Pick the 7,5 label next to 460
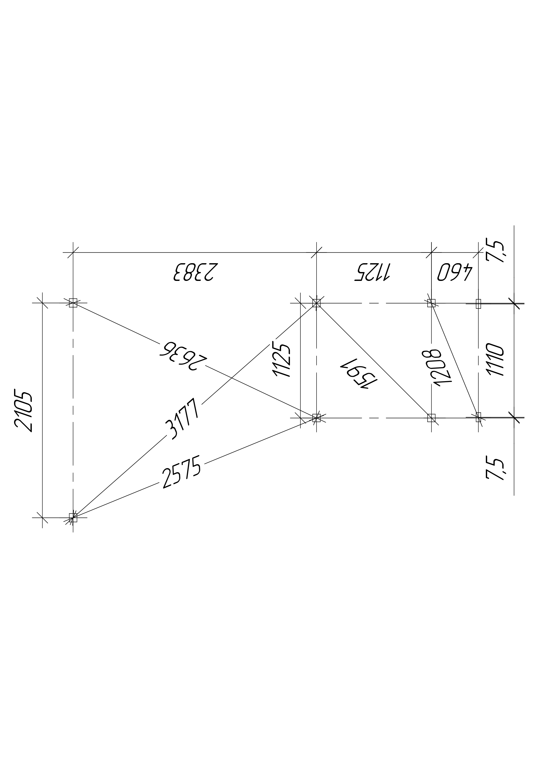(495, 252)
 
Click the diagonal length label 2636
(183, 357)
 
